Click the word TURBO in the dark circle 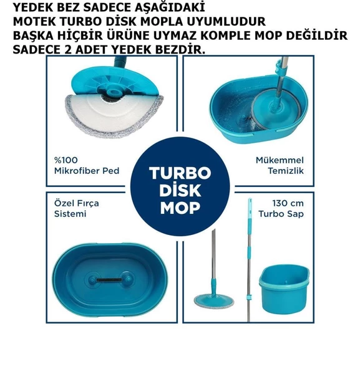180,173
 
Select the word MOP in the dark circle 180,208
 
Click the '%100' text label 66,160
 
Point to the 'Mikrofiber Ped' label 87,171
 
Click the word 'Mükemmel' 280,160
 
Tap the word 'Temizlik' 286,171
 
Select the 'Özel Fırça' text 77,203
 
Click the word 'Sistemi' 71,214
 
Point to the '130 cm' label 288,203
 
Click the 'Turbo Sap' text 281,214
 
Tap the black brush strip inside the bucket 109,280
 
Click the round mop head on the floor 214,301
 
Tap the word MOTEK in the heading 34,22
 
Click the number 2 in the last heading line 67,50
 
